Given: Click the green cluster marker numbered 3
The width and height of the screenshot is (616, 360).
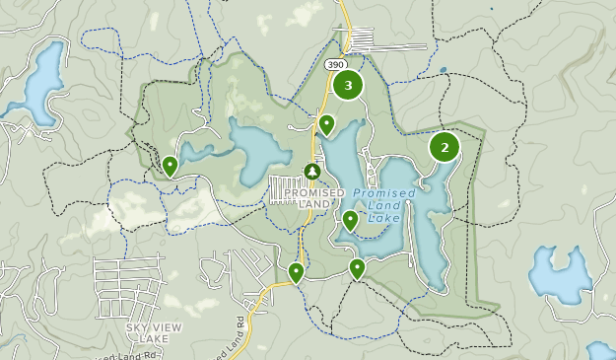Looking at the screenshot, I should [347, 85].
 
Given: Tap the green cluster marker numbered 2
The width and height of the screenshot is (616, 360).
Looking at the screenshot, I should [445, 148].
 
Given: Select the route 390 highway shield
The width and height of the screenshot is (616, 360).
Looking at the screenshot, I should [334, 63].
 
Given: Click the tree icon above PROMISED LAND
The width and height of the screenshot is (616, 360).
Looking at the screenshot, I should [312, 172].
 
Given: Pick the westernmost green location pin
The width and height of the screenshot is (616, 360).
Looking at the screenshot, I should [171, 166].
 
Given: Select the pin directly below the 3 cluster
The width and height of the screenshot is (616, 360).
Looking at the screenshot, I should [326, 124].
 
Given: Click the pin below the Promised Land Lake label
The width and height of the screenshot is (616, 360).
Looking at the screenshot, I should [350, 220].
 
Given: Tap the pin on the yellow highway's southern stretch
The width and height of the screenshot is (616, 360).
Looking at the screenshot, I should [296, 272].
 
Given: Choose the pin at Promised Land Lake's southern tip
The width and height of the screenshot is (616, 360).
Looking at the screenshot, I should [357, 267].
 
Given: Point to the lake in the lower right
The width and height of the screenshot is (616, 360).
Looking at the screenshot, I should [560, 277].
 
